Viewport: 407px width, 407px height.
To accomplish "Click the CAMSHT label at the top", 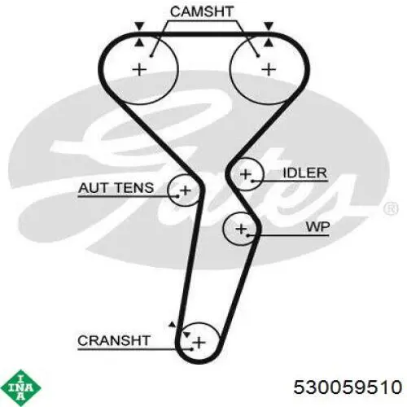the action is (x=202, y=11).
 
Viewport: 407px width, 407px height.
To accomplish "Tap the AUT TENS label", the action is (x=116, y=188).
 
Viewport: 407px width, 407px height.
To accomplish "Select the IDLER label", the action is (x=304, y=173).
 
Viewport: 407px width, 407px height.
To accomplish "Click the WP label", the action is (x=317, y=226).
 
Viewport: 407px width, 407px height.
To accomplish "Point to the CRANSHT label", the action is (x=114, y=340).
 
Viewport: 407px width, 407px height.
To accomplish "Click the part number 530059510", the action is (x=348, y=387).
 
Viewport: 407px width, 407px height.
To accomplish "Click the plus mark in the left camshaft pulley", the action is (x=139, y=70).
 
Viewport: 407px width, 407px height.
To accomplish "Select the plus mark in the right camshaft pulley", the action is (x=269, y=70).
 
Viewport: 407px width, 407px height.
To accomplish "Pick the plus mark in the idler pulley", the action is (x=246, y=174).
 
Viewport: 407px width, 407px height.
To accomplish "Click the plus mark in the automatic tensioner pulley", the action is (x=186, y=190).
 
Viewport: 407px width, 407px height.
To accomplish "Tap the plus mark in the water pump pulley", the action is (x=241, y=229).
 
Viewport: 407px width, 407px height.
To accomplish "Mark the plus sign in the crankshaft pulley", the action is (x=199, y=343).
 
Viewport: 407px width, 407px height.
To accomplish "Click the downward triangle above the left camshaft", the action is (x=139, y=26).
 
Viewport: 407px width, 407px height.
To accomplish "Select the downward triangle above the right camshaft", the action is (x=269, y=26).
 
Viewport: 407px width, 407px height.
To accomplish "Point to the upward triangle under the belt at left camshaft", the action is (x=139, y=42).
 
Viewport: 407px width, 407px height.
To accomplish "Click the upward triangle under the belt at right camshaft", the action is (x=269, y=42).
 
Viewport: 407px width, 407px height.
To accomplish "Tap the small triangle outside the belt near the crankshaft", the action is (x=172, y=324).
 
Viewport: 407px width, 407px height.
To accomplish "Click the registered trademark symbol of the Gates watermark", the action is (x=391, y=208).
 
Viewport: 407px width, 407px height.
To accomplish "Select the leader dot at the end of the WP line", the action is (x=248, y=235).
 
